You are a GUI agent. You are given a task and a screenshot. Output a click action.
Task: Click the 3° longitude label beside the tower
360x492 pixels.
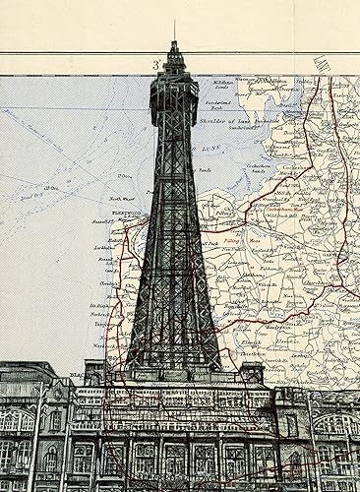(x=155, y=65)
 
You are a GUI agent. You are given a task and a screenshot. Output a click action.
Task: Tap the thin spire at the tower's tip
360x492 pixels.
(x=175, y=31)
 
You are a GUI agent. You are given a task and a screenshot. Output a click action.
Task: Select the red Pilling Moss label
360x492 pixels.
(x=232, y=238)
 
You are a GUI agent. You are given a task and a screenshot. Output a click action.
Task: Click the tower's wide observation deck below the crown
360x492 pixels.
(x=175, y=98)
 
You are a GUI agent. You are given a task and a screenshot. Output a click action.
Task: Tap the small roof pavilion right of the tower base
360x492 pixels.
(x=252, y=373)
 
